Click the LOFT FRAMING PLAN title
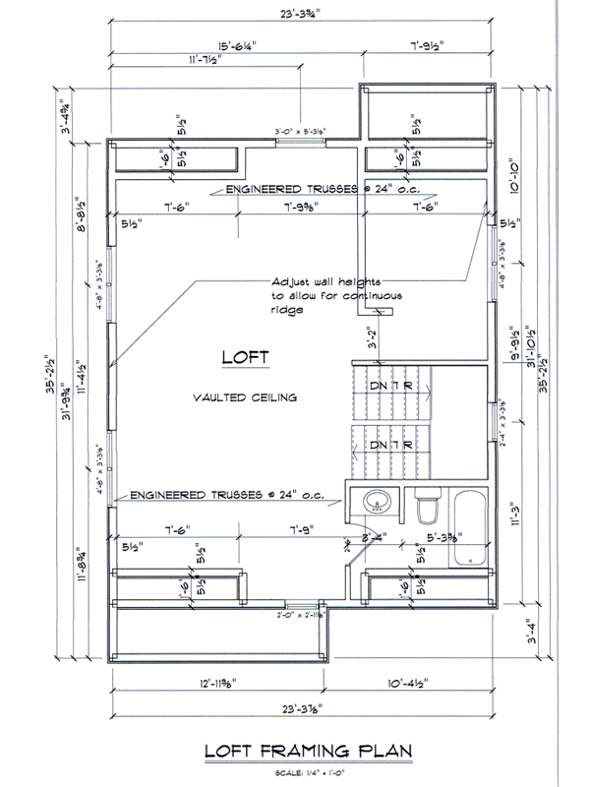coord(306,753)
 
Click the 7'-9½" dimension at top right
coord(430,44)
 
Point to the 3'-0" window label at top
coord(300,129)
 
